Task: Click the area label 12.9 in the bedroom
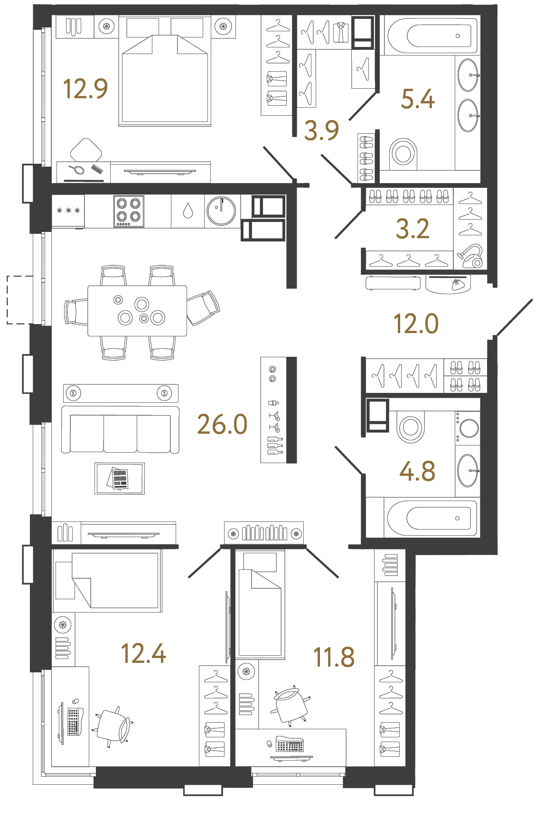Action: click(x=85, y=89)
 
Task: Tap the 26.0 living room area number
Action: click(x=222, y=424)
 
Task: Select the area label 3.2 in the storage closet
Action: click(x=413, y=229)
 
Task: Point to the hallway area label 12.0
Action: click(x=416, y=324)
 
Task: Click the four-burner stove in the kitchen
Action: click(x=129, y=211)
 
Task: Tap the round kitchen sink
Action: click(x=221, y=211)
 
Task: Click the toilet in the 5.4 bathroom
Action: click(x=403, y=153)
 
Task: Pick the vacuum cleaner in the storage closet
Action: click(x=471, y=257)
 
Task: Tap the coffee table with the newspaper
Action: click(x=120, y=479)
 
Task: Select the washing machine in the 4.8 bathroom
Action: click(x=468, y=427)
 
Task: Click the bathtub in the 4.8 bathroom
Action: click(x=432, y=518)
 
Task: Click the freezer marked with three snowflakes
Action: click(x=68, y=211)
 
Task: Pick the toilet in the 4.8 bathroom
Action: click(x=410, y=427)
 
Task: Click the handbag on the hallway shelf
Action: click(x=457, y=285)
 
